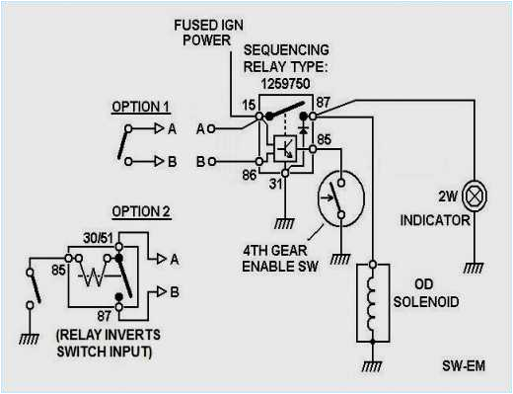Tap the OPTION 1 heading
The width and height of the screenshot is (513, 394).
(x=140, y=106)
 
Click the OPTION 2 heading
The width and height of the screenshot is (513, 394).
(x=140, y=212)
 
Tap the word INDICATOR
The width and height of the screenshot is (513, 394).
(x=434, y=221)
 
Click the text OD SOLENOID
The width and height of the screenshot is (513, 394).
(x=427, y=294)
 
